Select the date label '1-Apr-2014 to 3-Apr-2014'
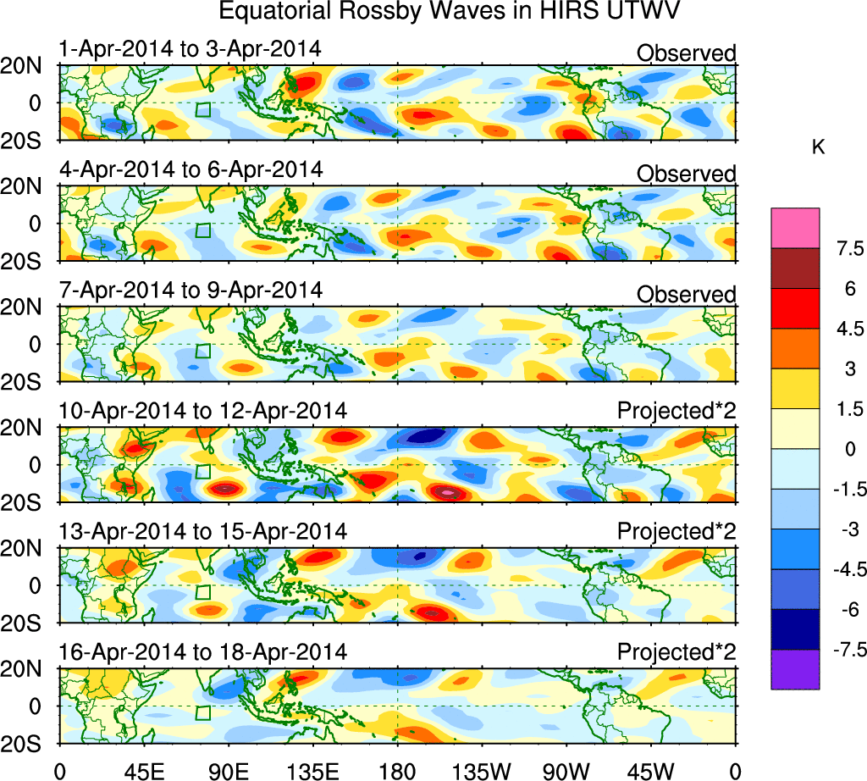[191, 49]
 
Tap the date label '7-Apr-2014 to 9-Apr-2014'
[191, 291]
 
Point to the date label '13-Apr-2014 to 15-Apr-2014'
[203, 532]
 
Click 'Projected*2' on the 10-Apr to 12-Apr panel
[676, 412]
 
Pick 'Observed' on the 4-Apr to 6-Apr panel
[687, 174]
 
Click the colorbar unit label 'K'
[819, 147]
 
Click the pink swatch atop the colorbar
[795, 227]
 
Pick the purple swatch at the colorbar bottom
[795, 669]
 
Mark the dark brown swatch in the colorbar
[795, 268]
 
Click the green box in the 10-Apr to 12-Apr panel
[202, 472]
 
